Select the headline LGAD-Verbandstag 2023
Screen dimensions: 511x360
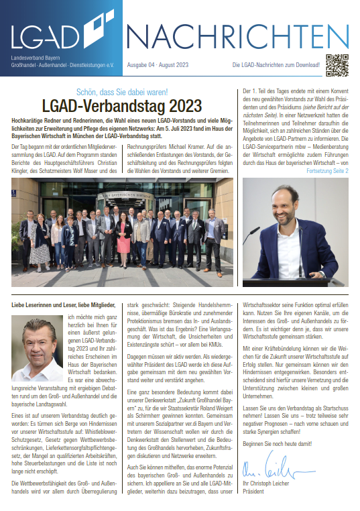pyautogui.click(x=121, y=105)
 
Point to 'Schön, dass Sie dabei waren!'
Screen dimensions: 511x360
pyautogui.click(x=121, y=91)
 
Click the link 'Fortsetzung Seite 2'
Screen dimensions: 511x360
pyautogui.click(x=327, y=171)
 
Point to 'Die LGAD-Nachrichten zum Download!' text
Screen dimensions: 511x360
pyautogui.click(x=276, y=65)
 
